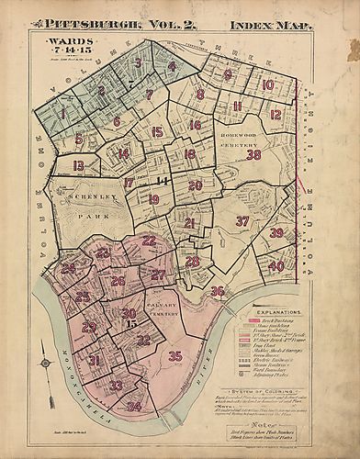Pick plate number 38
254,155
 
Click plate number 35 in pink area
175,356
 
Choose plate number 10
268,85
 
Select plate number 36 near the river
217,291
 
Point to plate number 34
134,406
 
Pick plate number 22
149,241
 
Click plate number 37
242,221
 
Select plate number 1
62,116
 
